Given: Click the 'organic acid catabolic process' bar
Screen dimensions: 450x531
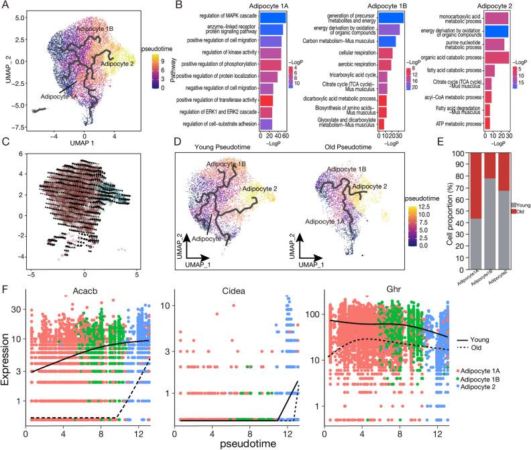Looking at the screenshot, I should point(496,57).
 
